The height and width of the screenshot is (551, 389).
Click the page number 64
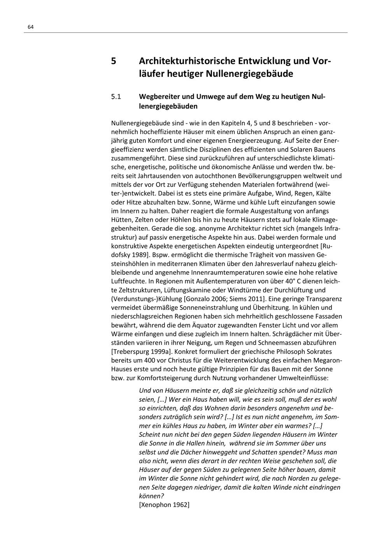(31, 27)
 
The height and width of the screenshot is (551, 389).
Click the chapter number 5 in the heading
(114, 61)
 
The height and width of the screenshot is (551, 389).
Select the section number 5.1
(116, 96)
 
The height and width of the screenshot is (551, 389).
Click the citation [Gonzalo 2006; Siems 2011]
(224, 299)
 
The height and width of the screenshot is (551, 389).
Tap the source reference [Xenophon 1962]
(164, 505)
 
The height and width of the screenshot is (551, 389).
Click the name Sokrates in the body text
(318, 351)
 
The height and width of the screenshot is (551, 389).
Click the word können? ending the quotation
(151, 496)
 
